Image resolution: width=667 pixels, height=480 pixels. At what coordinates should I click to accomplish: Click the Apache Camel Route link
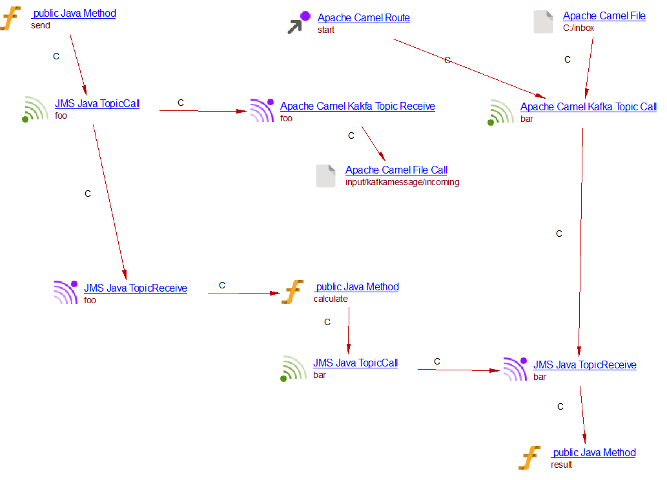pyautogui.click(x=364, y=18)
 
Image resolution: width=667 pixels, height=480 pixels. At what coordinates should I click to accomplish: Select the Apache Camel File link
pyautogui.click(x=604, y=16)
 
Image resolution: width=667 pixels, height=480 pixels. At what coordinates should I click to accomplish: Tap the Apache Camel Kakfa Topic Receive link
pyautogui.click(x=357, y=106)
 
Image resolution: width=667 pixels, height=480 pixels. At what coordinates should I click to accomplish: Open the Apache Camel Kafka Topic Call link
pyautogui.click(x=588, y=106)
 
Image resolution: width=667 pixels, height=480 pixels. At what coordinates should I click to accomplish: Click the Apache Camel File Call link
pyautogui.click(x=396, y=170)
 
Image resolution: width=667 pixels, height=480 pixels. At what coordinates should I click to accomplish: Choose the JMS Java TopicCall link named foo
pyautogui.click(x=97, y=103)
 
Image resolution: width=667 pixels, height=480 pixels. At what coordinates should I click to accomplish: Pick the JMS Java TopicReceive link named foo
pyautogui.click(x=136, y=288)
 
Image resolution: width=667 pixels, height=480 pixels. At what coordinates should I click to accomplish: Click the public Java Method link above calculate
pyautogui.click(x=356, y=286)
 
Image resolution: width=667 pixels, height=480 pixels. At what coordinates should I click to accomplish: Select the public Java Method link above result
pyautogui.click(x=593, y=452)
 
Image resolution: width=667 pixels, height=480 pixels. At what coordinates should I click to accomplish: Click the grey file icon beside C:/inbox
pyautogui.click(x=543, y=21)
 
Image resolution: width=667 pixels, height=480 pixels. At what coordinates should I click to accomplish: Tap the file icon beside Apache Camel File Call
pyautogui.click(x=325, y=175)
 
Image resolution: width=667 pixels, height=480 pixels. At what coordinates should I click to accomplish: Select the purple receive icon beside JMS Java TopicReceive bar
pyautogui.click(x=515, y=368)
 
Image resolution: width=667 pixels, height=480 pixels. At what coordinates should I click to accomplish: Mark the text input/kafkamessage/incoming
pyautogui.click(x=402, y=183)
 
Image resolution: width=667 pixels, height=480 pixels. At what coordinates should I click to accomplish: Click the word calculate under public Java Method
pyautogui.click(x=331, y=299)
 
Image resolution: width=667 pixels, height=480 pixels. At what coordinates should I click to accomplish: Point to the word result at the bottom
pyautogui.click(x=561, y=465)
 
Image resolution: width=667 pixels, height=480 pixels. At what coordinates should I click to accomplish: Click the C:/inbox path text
pyautogui.click(x=579, y=28)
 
